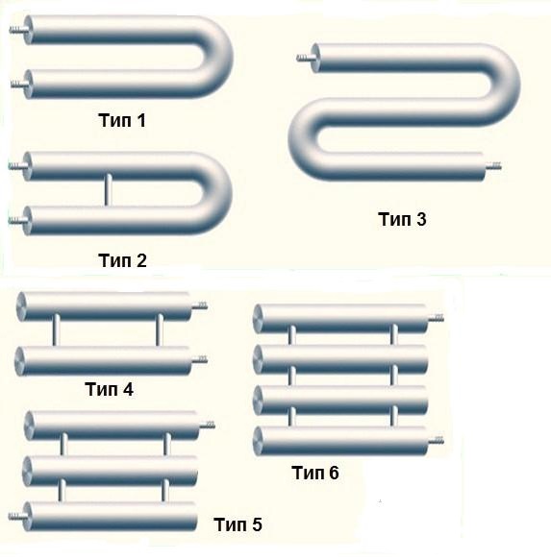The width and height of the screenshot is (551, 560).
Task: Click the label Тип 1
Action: pyautogui.click(x=122, y=120)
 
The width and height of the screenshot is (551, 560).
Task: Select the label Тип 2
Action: pyautogui.click(x=122, y=260)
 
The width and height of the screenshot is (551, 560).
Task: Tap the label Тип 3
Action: pyautogui.click(x=402, y=219)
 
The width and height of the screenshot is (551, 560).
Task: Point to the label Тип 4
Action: pyautogui.click(x=109, y=389)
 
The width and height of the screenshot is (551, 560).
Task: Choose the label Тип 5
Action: pyautogui.click(x=238, y=524)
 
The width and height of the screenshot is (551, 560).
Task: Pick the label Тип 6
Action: pyautogui.click(x=315, y=473)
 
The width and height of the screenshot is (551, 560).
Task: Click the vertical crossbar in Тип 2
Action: pyautogui.click(x=107, y=189)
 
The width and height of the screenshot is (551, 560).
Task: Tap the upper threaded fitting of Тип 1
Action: pyautogui.click(x=17, y=30)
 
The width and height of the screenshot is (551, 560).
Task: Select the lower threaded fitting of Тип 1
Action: pyautogui.click(x=18, y=85)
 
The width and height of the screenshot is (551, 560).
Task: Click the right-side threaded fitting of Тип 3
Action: pyautogui.click(x=492, y=166)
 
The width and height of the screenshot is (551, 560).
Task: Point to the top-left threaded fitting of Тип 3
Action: pyautogui.click(x=305, y=58)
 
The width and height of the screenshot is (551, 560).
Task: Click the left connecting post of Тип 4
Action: pyautogui.click(x=56, y=330)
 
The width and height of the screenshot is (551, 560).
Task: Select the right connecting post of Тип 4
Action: pyautogui.click(x=160, y=330)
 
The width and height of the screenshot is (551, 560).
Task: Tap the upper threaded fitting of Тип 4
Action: pyautogui.click(x=199, y=305)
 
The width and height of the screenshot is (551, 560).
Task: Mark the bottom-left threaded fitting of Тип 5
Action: pyautogui.click(x=16, y=516)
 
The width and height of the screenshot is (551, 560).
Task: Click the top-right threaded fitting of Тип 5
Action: pyautogui.click(x=207, y=425)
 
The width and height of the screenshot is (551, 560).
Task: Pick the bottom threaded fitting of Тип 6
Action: pyautogui.click(x=436, y=441)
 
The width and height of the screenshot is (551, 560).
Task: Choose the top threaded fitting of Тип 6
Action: pyautogui.click(x=436, y=318)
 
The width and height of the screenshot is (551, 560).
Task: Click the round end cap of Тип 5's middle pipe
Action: pyautogui.click(x=27, y=472)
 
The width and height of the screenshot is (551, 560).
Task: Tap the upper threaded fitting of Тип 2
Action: pyautogui.click(x=17, y=166)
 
